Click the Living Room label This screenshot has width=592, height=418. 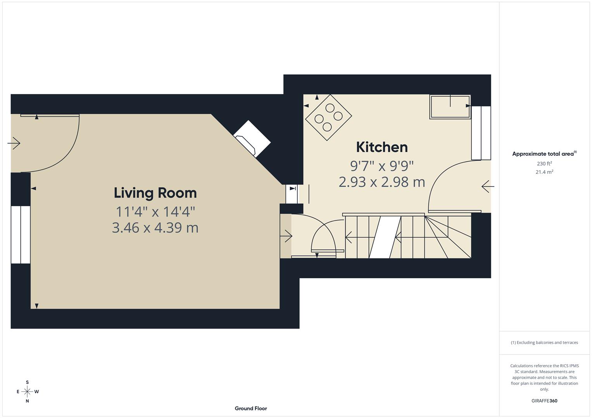155,193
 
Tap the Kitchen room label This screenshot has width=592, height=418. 381,147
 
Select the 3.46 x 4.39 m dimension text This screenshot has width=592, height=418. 155,228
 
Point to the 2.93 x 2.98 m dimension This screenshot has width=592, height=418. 381,182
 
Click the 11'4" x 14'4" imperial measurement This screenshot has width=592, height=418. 155,212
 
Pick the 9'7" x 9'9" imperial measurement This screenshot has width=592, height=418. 381,166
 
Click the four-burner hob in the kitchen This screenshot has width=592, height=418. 328,117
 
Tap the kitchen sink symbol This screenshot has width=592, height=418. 450,107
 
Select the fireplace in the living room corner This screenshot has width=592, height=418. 252,139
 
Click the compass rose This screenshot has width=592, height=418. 27,392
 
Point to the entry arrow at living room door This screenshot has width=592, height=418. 14,143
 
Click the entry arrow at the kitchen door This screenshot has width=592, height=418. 488,187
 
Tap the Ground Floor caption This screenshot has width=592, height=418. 250,408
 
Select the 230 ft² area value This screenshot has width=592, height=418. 544,164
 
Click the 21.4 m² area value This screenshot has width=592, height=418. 544,172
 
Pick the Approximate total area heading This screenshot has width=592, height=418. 544,154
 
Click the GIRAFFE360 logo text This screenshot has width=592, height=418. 544,401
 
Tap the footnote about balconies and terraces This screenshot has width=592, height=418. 544,343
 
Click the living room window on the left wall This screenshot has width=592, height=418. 21,235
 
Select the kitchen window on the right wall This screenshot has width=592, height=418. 481,133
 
